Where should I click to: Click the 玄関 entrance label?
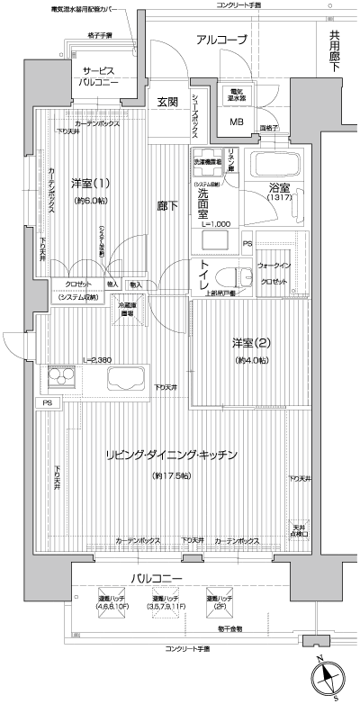(x=167, y=101)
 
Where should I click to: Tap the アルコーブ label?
(x=221, y=40)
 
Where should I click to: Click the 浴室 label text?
(x=279, y=189)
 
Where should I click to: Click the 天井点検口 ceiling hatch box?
(x=300, y=530)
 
